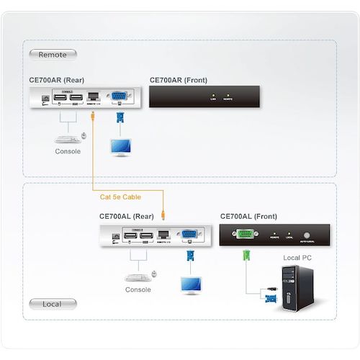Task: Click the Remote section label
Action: [52, 54]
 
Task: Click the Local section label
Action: [52, 304]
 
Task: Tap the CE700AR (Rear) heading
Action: [56, 80]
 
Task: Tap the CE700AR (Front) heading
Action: [178, 80]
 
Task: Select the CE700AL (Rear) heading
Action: [127, 216]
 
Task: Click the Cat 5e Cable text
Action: [121, 197]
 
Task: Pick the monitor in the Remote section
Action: [120, 145]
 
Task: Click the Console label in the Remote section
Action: [68, 152]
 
